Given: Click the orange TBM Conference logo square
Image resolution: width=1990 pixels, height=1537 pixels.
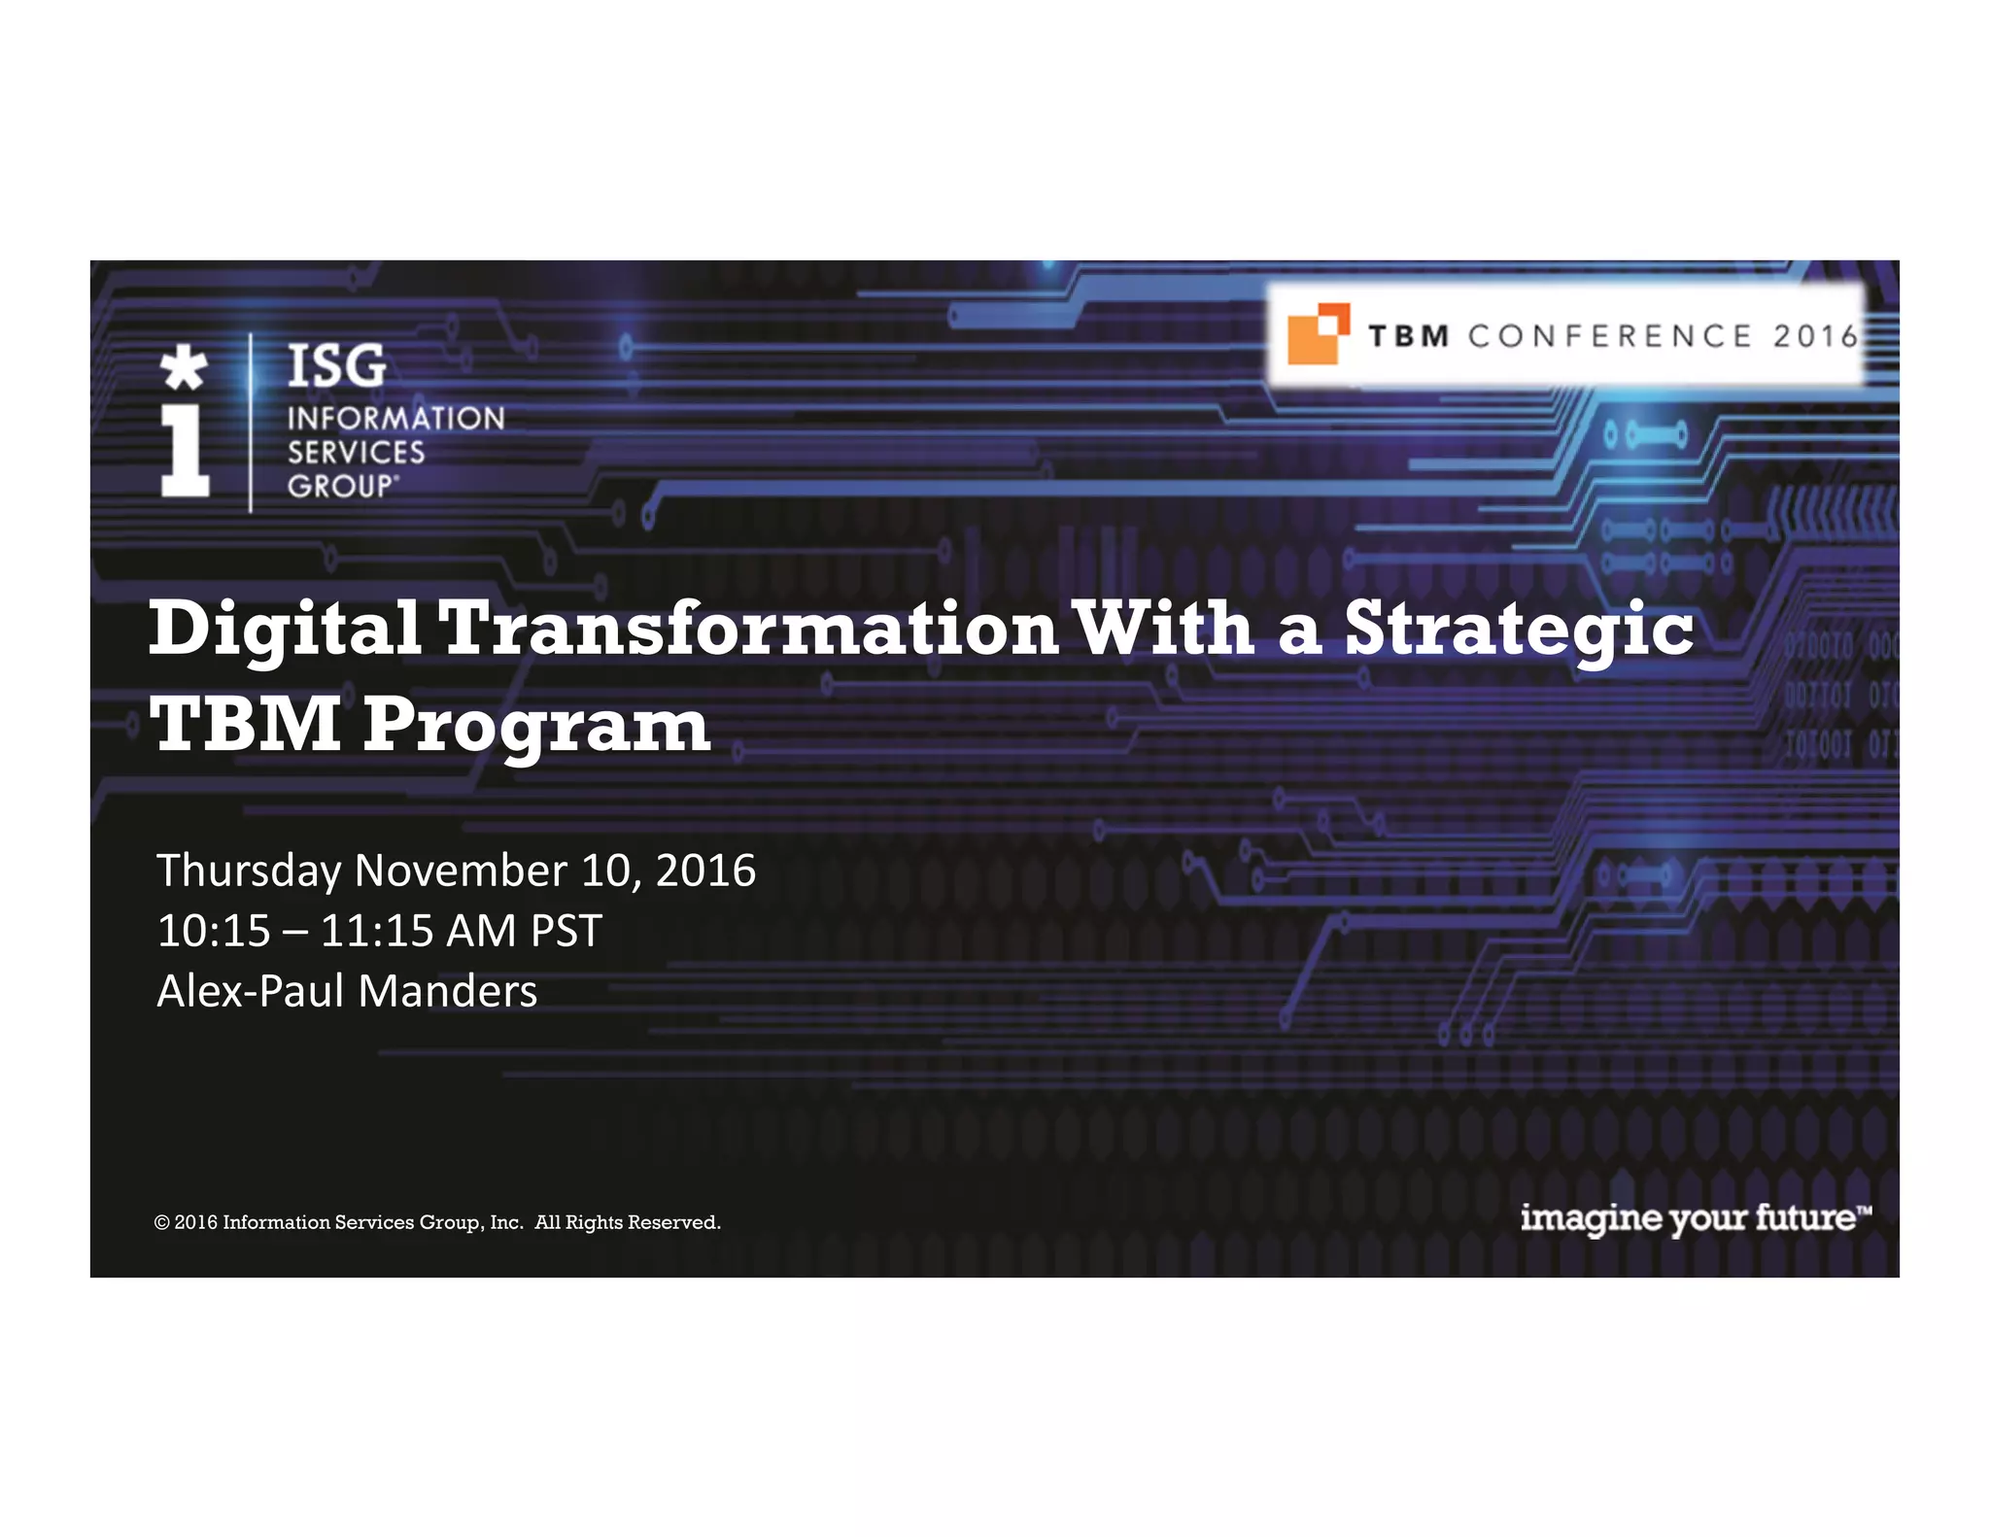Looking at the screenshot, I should (x=1316, y=335).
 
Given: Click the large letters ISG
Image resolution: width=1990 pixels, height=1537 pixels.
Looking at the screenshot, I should (x=337, y=366).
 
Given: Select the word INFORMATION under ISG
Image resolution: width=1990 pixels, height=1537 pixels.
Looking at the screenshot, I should (x=395, y=419).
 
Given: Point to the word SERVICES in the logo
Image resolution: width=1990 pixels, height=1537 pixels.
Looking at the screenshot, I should (x=356, y=453).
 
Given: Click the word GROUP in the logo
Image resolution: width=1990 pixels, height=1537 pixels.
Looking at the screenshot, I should (x=340, y=486).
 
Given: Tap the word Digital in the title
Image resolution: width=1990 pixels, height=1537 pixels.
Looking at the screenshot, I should (x=285, y=630).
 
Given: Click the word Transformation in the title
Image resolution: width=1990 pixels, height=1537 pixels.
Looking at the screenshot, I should (x=749, y=628).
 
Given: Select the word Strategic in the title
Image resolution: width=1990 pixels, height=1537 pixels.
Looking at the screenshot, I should (x=1519, y=630).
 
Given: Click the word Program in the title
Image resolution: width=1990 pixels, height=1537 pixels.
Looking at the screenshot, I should (x=537, y=727).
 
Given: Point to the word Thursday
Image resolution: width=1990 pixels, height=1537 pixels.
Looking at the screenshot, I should (x=250, y=871).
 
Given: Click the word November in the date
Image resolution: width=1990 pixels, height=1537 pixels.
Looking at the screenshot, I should (x=461, y=870).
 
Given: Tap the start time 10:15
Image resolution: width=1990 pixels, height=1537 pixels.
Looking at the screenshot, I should (x=214, y=931).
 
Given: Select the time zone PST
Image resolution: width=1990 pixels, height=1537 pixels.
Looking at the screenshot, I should (x=566, y=931).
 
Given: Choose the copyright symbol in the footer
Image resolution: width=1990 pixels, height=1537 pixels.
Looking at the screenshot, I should (x=161, y=1222).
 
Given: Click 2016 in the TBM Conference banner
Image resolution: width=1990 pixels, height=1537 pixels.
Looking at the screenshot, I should (x=1814, y=336).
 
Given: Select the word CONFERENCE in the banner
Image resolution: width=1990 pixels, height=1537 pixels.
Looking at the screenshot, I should (x=1609, y=336).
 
